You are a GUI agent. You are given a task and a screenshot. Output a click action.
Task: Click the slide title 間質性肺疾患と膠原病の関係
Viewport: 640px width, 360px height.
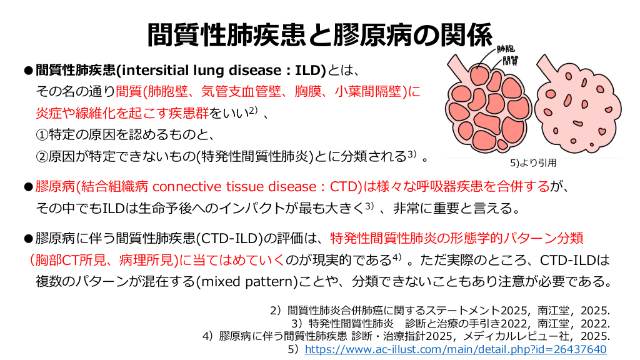click(x=320, y=35)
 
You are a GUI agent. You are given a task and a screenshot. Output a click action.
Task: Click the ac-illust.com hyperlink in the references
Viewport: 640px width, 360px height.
click(x=456, y=349)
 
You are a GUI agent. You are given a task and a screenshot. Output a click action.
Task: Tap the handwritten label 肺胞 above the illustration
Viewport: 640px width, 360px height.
click(x=506, y=49)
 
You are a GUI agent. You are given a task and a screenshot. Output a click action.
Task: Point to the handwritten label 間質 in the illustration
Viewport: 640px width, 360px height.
click(x=510, y=61)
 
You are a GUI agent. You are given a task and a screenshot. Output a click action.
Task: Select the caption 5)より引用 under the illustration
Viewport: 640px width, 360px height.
click(x=534, y=163)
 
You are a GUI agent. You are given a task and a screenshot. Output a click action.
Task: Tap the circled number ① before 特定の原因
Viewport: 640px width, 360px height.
click(x=42, y=134)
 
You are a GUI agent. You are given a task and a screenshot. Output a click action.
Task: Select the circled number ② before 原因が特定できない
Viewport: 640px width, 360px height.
click(x=42, y=156)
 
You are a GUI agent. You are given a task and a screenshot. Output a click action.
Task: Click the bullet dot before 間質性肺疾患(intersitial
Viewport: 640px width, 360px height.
click(x=28, y=71)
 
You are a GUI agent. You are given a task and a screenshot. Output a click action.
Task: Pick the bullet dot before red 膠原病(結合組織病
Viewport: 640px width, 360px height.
click(x=28, y=187)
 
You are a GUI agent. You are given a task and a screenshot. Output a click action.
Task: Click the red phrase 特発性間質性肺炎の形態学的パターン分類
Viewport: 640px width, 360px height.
click(x=457, y=238)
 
